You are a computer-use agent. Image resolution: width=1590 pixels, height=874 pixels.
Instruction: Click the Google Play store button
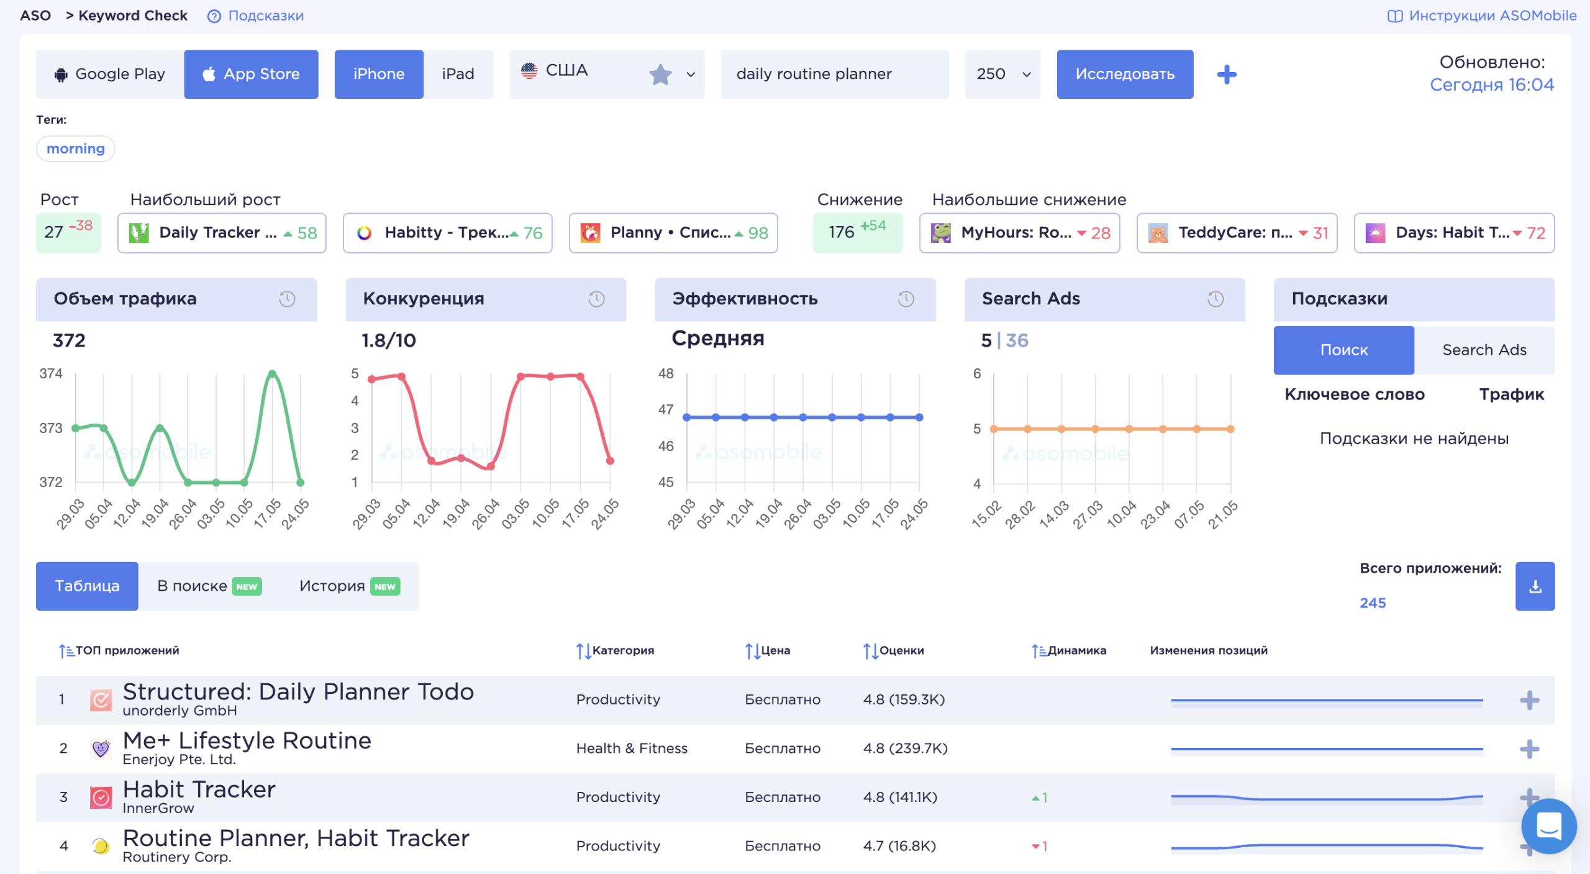pos(110,74)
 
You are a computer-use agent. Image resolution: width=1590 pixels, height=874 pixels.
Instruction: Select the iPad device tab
pos(458,74)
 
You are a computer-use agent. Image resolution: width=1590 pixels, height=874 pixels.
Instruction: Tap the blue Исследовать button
pos(1125,74)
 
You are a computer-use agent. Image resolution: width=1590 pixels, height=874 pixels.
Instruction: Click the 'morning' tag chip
pos(76,148)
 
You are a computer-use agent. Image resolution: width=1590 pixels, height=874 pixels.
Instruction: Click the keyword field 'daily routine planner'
pos(834,74)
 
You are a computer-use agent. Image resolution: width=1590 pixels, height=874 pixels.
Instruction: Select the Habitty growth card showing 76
pos(447,233)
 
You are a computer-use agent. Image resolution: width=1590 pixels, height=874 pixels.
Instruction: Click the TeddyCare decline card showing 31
pos(1237,233)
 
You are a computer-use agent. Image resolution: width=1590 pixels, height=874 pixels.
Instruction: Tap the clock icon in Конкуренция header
pos(596,299)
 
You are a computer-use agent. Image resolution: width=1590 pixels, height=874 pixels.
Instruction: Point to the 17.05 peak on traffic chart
pos(272,373)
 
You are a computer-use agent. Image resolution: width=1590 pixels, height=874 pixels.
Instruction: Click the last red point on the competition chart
pos(610,460)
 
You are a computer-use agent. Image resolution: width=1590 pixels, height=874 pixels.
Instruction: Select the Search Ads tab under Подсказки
pos(1484,350)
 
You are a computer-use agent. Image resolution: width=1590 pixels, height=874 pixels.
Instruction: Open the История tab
pos(349,586)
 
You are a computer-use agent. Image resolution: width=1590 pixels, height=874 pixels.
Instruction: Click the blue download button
pos(1535,586)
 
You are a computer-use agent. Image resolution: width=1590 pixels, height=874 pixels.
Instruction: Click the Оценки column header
pos(894,650)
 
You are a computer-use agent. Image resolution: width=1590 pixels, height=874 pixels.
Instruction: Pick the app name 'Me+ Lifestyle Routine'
pos(247,740)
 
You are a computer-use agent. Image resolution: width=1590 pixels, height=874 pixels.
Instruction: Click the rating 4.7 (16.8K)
pos(899,845)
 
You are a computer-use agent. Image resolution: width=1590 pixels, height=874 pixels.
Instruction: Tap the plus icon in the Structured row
pos(1529,700)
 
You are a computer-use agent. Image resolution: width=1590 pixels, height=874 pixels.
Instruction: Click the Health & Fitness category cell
pos(632,748)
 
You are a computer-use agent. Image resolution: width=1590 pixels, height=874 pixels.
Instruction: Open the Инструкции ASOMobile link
pos(1482,16)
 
